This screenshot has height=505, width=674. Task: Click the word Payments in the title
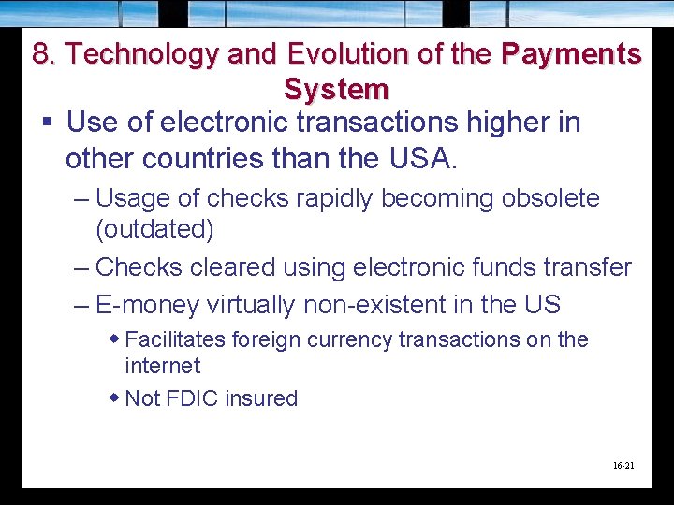[571, 53]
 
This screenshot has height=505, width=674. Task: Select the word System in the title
[336, 90]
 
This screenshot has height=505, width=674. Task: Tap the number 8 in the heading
[41, 53]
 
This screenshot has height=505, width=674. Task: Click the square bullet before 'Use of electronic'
[46, 123]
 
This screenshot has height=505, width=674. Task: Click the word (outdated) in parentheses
[154, 229]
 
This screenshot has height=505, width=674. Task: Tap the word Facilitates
[178, 339]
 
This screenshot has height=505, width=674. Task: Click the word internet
[162, 366]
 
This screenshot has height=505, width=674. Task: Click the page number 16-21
[623, 464]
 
